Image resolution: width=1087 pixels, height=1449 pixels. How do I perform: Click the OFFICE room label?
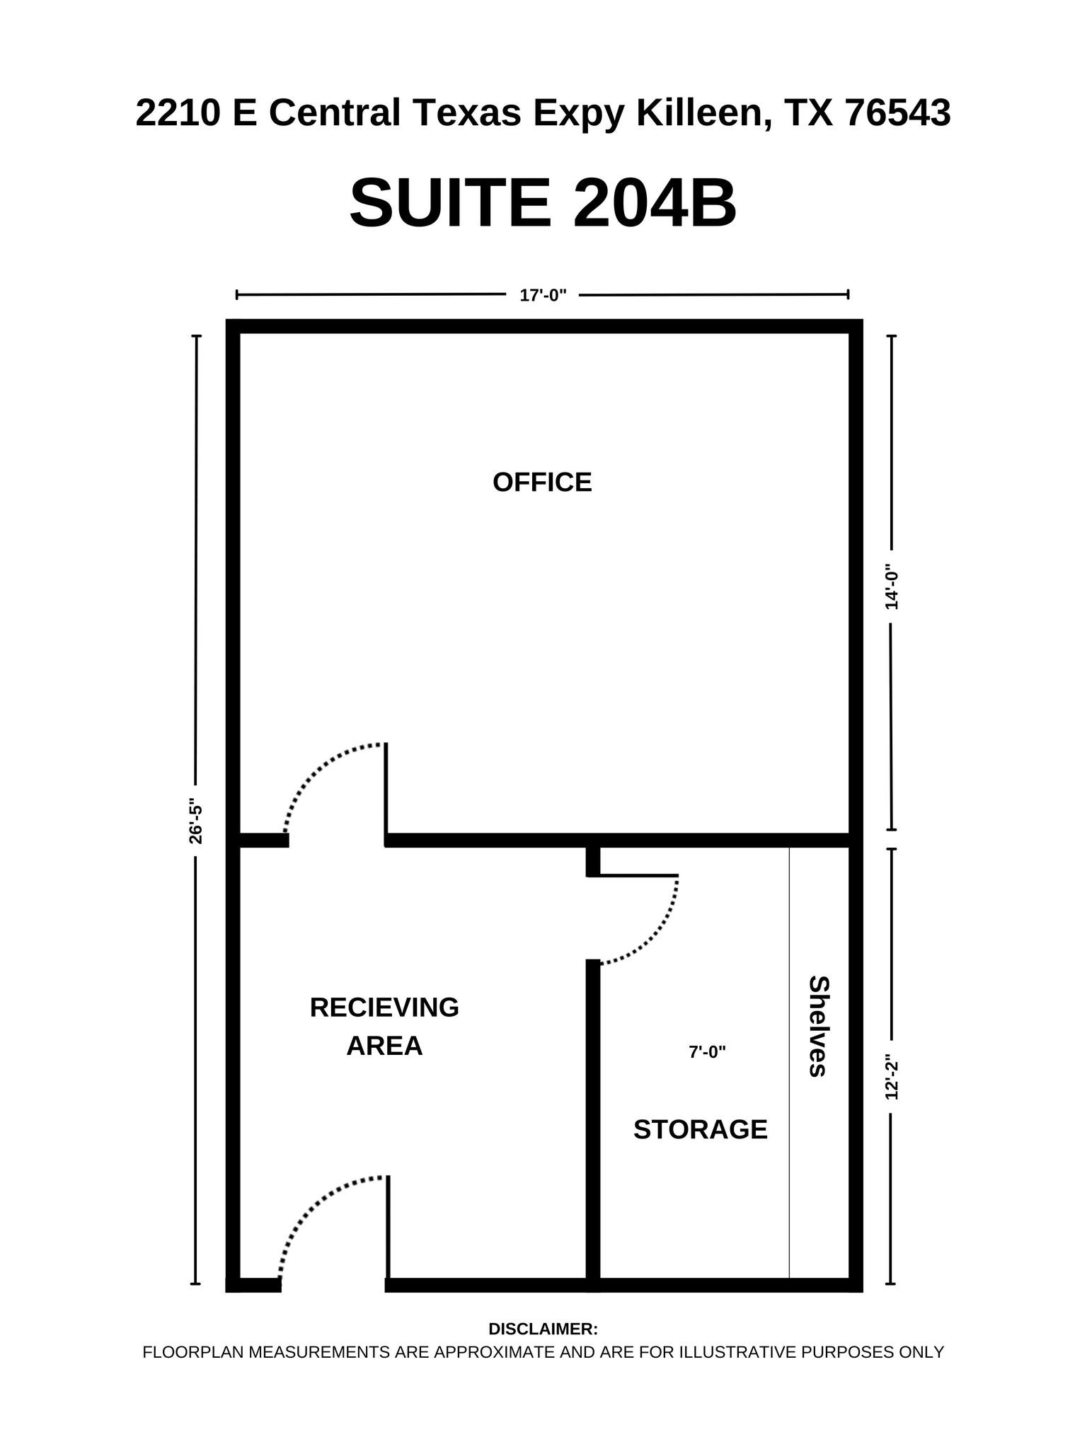coord(542,483)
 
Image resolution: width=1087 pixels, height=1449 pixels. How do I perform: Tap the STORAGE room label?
coord(700,1129)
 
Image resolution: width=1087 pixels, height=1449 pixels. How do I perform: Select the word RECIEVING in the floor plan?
coord(384,1008)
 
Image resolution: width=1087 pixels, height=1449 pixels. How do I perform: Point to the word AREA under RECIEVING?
coord(384,1046)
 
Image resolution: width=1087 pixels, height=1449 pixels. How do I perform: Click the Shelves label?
coord(818,1026)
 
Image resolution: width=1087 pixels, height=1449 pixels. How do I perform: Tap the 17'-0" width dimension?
coord(543,296)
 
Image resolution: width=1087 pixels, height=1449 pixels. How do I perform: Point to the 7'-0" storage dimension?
coord(707,1053)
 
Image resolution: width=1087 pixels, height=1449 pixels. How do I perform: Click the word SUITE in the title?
coord(450,204)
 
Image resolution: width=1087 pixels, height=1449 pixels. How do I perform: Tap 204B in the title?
coord(655,204)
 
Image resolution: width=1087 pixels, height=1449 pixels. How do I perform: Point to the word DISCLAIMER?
coord(543,1329)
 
